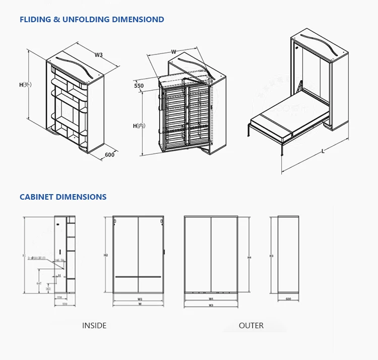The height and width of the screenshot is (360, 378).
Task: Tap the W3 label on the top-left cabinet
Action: pyautogui.click(x=99, y=55)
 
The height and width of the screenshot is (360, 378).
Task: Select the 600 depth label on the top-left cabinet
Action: pyautogui.click(x=110, y=155)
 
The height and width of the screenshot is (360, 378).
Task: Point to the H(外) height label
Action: pyautogui.click(x=26, y=85)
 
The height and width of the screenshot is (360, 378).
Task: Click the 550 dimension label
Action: pyautogui.click(x=139, y=86)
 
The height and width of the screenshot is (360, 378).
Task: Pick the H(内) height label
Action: pyautogui.click(x=139, y=126)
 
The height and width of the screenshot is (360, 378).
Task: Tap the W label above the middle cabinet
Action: pyautogui.click(x=173, y=51)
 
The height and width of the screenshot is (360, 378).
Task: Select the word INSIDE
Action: pyautogui.click(x=94, y=326)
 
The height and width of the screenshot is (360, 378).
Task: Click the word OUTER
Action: pyautogui.click(x=251, y=326)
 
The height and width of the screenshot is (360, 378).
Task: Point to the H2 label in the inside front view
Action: pyautogui.click(x=106, y=255)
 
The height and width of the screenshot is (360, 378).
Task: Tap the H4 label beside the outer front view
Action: pyautogui.click(x=249, y=257)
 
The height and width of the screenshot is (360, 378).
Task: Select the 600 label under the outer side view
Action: pyautogui.click(x=288, y=299)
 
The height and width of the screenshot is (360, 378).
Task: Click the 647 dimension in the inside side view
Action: pyautogui.click(x=39, y=284)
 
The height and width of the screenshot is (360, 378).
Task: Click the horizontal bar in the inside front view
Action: pyautogui.click(x=138, y=277)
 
